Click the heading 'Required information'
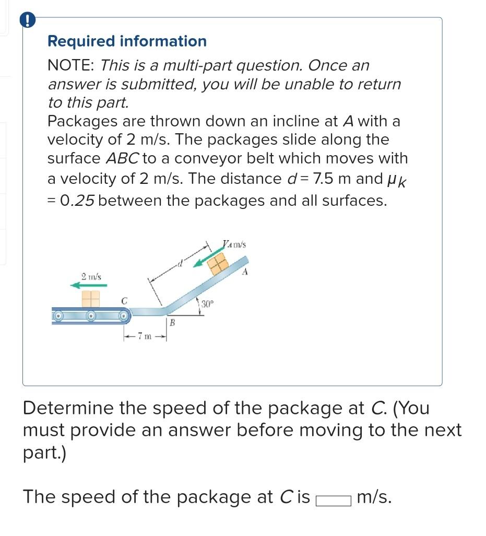pyautogui.click(x=127, y=41)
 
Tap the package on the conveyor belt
pyautogui.click(x=90, y=299)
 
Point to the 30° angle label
pyautogui.click(x=207, y=304)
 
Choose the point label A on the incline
pyautogui.click(x=245, y=272)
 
